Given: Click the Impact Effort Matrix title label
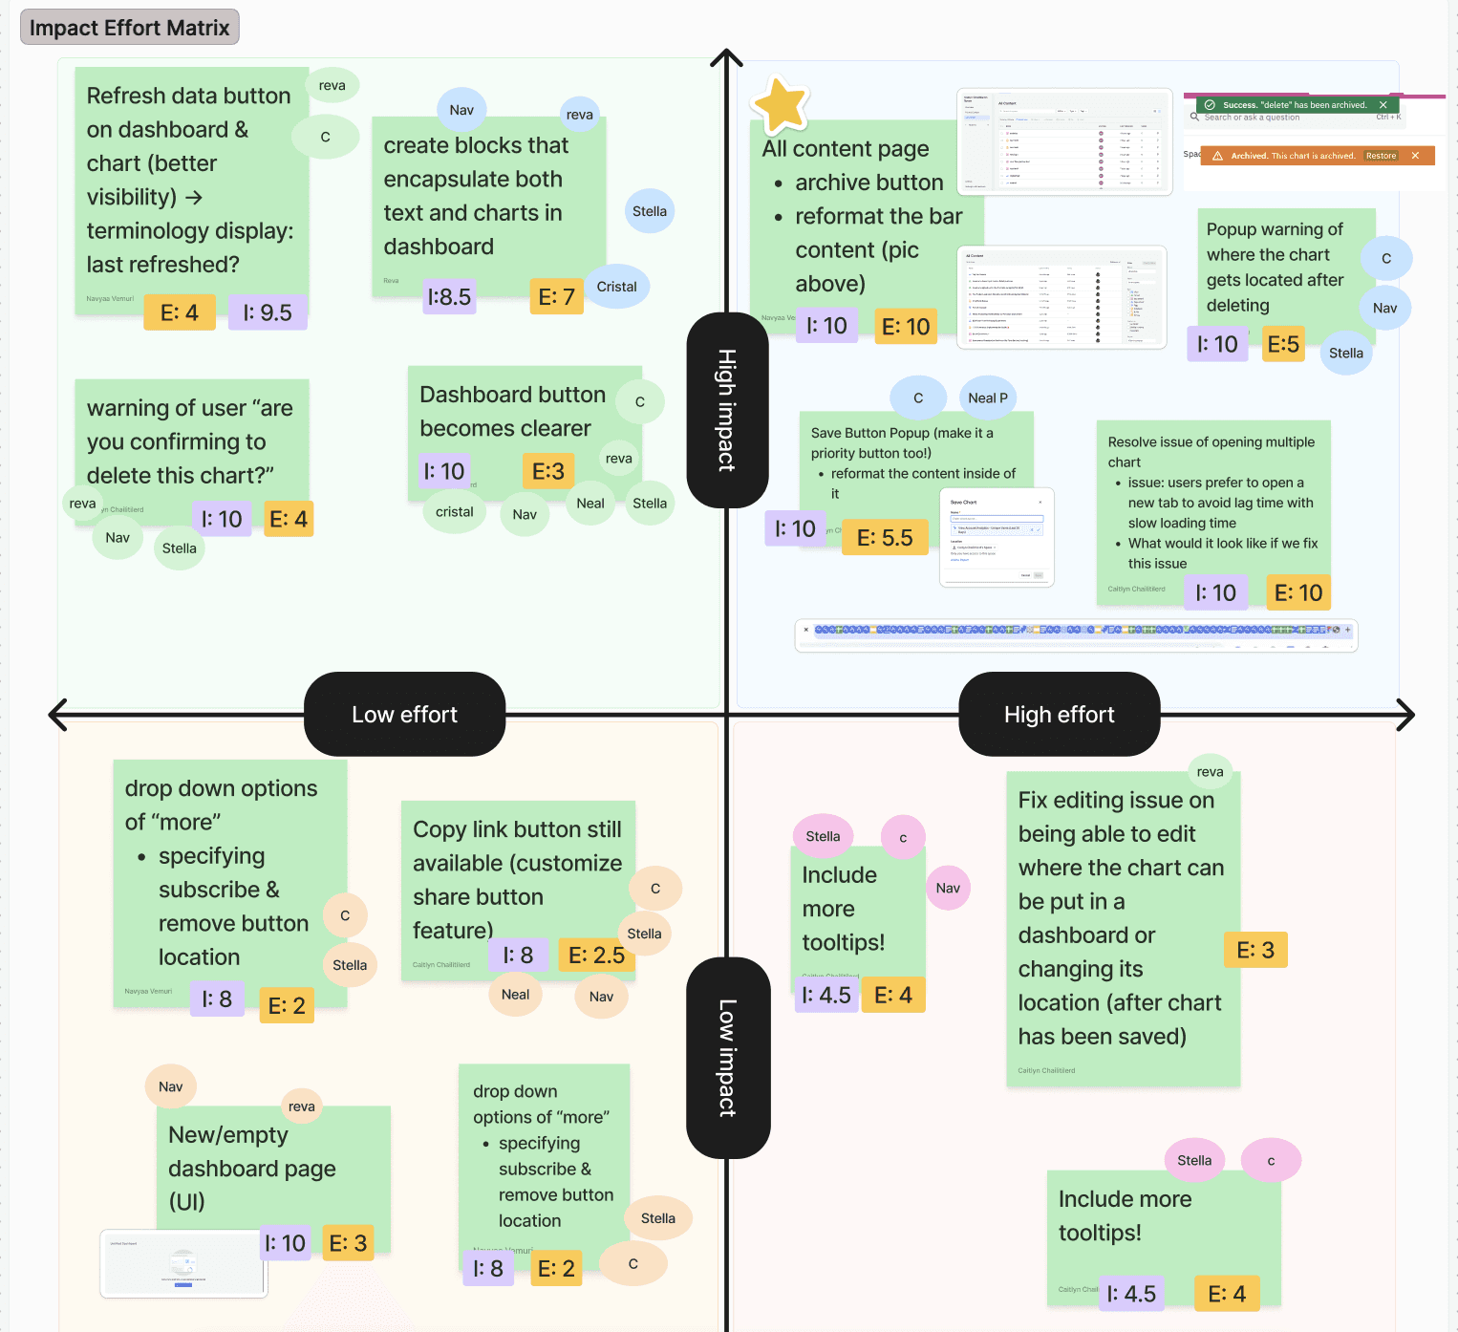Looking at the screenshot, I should pos(129,28).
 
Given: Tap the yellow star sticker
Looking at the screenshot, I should pos(782,104).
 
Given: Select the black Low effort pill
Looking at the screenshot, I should pos(404,715).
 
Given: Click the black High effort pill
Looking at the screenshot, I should pos(1059,715).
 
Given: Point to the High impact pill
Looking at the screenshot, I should pos(727,410).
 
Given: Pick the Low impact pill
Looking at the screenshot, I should pos(728,1058).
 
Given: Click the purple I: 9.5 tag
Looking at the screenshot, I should pos(268,312).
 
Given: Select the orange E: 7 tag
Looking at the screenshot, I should pos(556,297).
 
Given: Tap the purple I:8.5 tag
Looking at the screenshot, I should pos(449,297).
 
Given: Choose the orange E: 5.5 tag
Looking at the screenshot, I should pos(885,538).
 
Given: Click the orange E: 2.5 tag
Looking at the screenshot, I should pos(596,955).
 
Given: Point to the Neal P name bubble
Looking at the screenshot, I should pos(987,398).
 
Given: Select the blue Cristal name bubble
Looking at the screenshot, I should pos(616,287).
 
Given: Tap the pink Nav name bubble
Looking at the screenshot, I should pos(948,888).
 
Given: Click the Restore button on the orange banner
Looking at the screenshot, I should pos(1381,156).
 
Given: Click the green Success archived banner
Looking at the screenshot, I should pos(1291,105).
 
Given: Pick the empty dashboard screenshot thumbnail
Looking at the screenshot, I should pos(183,1263).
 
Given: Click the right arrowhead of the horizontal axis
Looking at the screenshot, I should pos(1404,715).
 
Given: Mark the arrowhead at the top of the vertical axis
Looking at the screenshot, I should pos(727,57).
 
